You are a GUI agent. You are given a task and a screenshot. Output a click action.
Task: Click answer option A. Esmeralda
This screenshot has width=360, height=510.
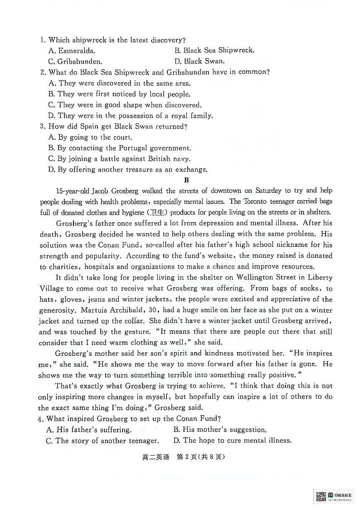click(71, 51)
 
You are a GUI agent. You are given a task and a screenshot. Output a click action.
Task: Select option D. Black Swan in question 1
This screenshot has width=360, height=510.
click(199, 61)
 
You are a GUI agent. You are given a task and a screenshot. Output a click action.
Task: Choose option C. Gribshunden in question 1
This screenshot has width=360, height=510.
click(75, 61)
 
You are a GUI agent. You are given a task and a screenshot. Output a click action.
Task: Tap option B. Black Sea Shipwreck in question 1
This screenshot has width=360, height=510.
click(214, 50)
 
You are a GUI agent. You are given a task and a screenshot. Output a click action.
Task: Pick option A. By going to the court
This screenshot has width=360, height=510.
click(90, 137)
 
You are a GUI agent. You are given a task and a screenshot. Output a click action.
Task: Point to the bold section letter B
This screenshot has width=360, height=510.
click(186, 180)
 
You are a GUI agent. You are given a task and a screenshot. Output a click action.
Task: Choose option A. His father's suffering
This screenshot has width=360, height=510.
click(89, 429)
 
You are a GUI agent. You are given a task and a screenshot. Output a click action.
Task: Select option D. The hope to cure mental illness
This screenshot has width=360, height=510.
click(232, 440)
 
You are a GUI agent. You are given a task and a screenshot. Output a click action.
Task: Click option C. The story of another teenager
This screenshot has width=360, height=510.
click(102, 441)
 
